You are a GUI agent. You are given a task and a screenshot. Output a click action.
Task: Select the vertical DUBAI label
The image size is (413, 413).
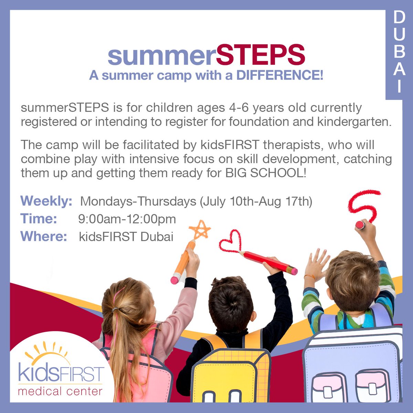[399, 52]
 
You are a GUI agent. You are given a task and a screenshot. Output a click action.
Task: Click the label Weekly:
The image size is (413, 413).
[46, 201]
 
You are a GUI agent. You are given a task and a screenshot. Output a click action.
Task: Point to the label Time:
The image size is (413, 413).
[39, 219]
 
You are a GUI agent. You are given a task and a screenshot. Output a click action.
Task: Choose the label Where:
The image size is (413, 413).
[44, 237]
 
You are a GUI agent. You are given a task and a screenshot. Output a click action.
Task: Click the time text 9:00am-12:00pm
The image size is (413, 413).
[127, 219]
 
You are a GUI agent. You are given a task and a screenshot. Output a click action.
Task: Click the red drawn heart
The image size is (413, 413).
[230, 241]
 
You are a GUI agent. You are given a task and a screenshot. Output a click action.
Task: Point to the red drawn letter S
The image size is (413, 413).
[364, 205]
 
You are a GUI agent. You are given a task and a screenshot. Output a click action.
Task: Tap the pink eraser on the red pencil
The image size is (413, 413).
[294, 271]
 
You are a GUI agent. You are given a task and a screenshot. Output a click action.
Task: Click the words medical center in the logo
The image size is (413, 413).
[60, 391]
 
